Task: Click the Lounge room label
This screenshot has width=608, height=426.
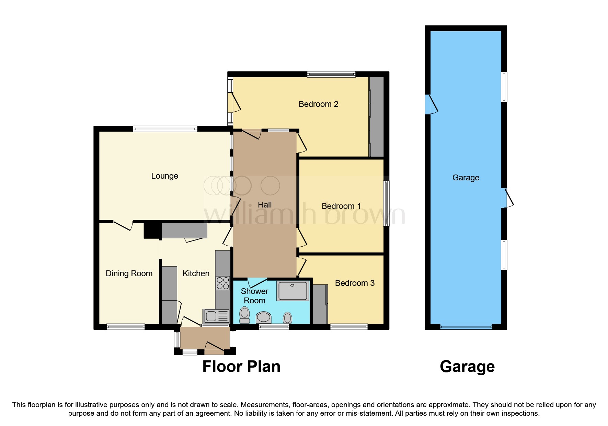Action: click(x=164, y=176)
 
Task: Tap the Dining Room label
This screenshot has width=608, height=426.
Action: click(x=129, y=273)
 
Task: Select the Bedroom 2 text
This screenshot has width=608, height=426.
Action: click(x=318, y=104)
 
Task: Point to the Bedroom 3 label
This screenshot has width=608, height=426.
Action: click(x=354, y=283)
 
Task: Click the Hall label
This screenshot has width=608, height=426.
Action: click(x=264, y=205)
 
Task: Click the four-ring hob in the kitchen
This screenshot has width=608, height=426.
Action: click(x=223, y=283)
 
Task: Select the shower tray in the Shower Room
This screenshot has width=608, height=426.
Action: click(x=293, y=291)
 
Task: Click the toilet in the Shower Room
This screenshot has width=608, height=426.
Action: click(x=244, y=315)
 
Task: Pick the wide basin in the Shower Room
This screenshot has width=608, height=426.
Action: click(x=264, y=317)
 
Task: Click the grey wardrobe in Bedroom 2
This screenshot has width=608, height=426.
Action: click(x=377, y=117)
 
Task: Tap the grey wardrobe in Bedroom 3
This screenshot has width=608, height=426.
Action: click(x=320, y=304)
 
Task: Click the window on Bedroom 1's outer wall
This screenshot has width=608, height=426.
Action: click(x=386, y=203)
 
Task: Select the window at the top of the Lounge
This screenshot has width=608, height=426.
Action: click(x=165, y=129)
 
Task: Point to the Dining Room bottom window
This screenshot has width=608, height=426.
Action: click(x=126, y=327)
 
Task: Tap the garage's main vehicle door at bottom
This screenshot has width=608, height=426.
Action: click(x=466, y=327)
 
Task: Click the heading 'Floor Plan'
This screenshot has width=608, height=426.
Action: click(x=241, y=367)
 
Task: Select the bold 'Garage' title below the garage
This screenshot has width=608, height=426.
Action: click(x=467, y=367)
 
